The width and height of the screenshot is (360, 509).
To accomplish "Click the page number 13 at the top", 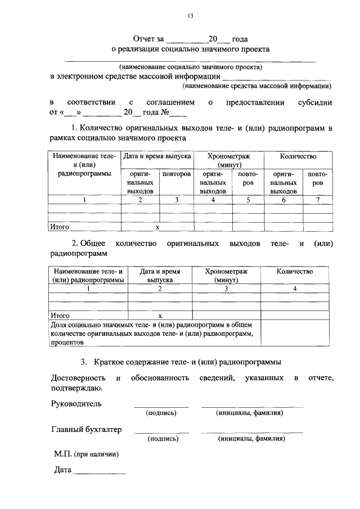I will pyautogui.click(x=190, y=16).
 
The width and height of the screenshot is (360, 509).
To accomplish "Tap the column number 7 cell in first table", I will pyautogui.click(x=318, y=200).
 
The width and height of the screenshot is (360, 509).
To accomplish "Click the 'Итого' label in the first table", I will pyautogui.click(x=60, y=227).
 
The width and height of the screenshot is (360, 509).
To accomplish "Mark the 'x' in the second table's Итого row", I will pyautogui.click(x=160, y=316).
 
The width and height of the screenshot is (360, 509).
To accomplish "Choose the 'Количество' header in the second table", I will pyautogui.click(x=295, y=272).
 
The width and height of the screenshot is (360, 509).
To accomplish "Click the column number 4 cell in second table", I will pyautogui.click(x=295, y=289).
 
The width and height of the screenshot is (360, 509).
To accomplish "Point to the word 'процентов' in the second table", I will pyautogui.click(x=67, y=341).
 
